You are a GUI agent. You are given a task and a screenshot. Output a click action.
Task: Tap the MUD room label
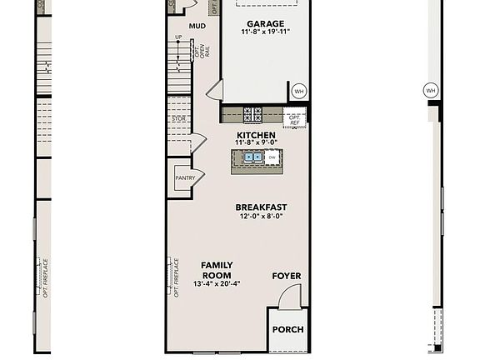pos(197,26)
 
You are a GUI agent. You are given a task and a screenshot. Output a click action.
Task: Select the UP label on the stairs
pos(178,37)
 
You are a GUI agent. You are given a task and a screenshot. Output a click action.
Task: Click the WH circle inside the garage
pos(298,90)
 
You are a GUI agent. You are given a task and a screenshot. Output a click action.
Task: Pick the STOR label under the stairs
pos(178,119)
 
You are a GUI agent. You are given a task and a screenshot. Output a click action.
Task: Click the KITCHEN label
pos(256,135)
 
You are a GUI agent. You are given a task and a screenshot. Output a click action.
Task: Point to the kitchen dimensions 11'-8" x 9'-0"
pos(256,143)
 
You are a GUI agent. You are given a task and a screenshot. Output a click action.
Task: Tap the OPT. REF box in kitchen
pos(294,119)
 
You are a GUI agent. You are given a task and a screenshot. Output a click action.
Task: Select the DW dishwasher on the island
pos(272,157)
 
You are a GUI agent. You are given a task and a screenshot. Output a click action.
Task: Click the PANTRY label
pos(184,177)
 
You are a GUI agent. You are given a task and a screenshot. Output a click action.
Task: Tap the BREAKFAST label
pos(261,207)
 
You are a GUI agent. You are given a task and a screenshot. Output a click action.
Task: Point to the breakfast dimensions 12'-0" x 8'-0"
pos(261,217)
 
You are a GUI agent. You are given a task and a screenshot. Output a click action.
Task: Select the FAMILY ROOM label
pos(217,270)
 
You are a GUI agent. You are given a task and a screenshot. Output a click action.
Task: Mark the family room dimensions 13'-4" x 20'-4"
pos(217,284)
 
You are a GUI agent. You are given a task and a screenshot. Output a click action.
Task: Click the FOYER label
pos(287,276)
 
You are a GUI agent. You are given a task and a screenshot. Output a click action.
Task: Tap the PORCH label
pos(287,329)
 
